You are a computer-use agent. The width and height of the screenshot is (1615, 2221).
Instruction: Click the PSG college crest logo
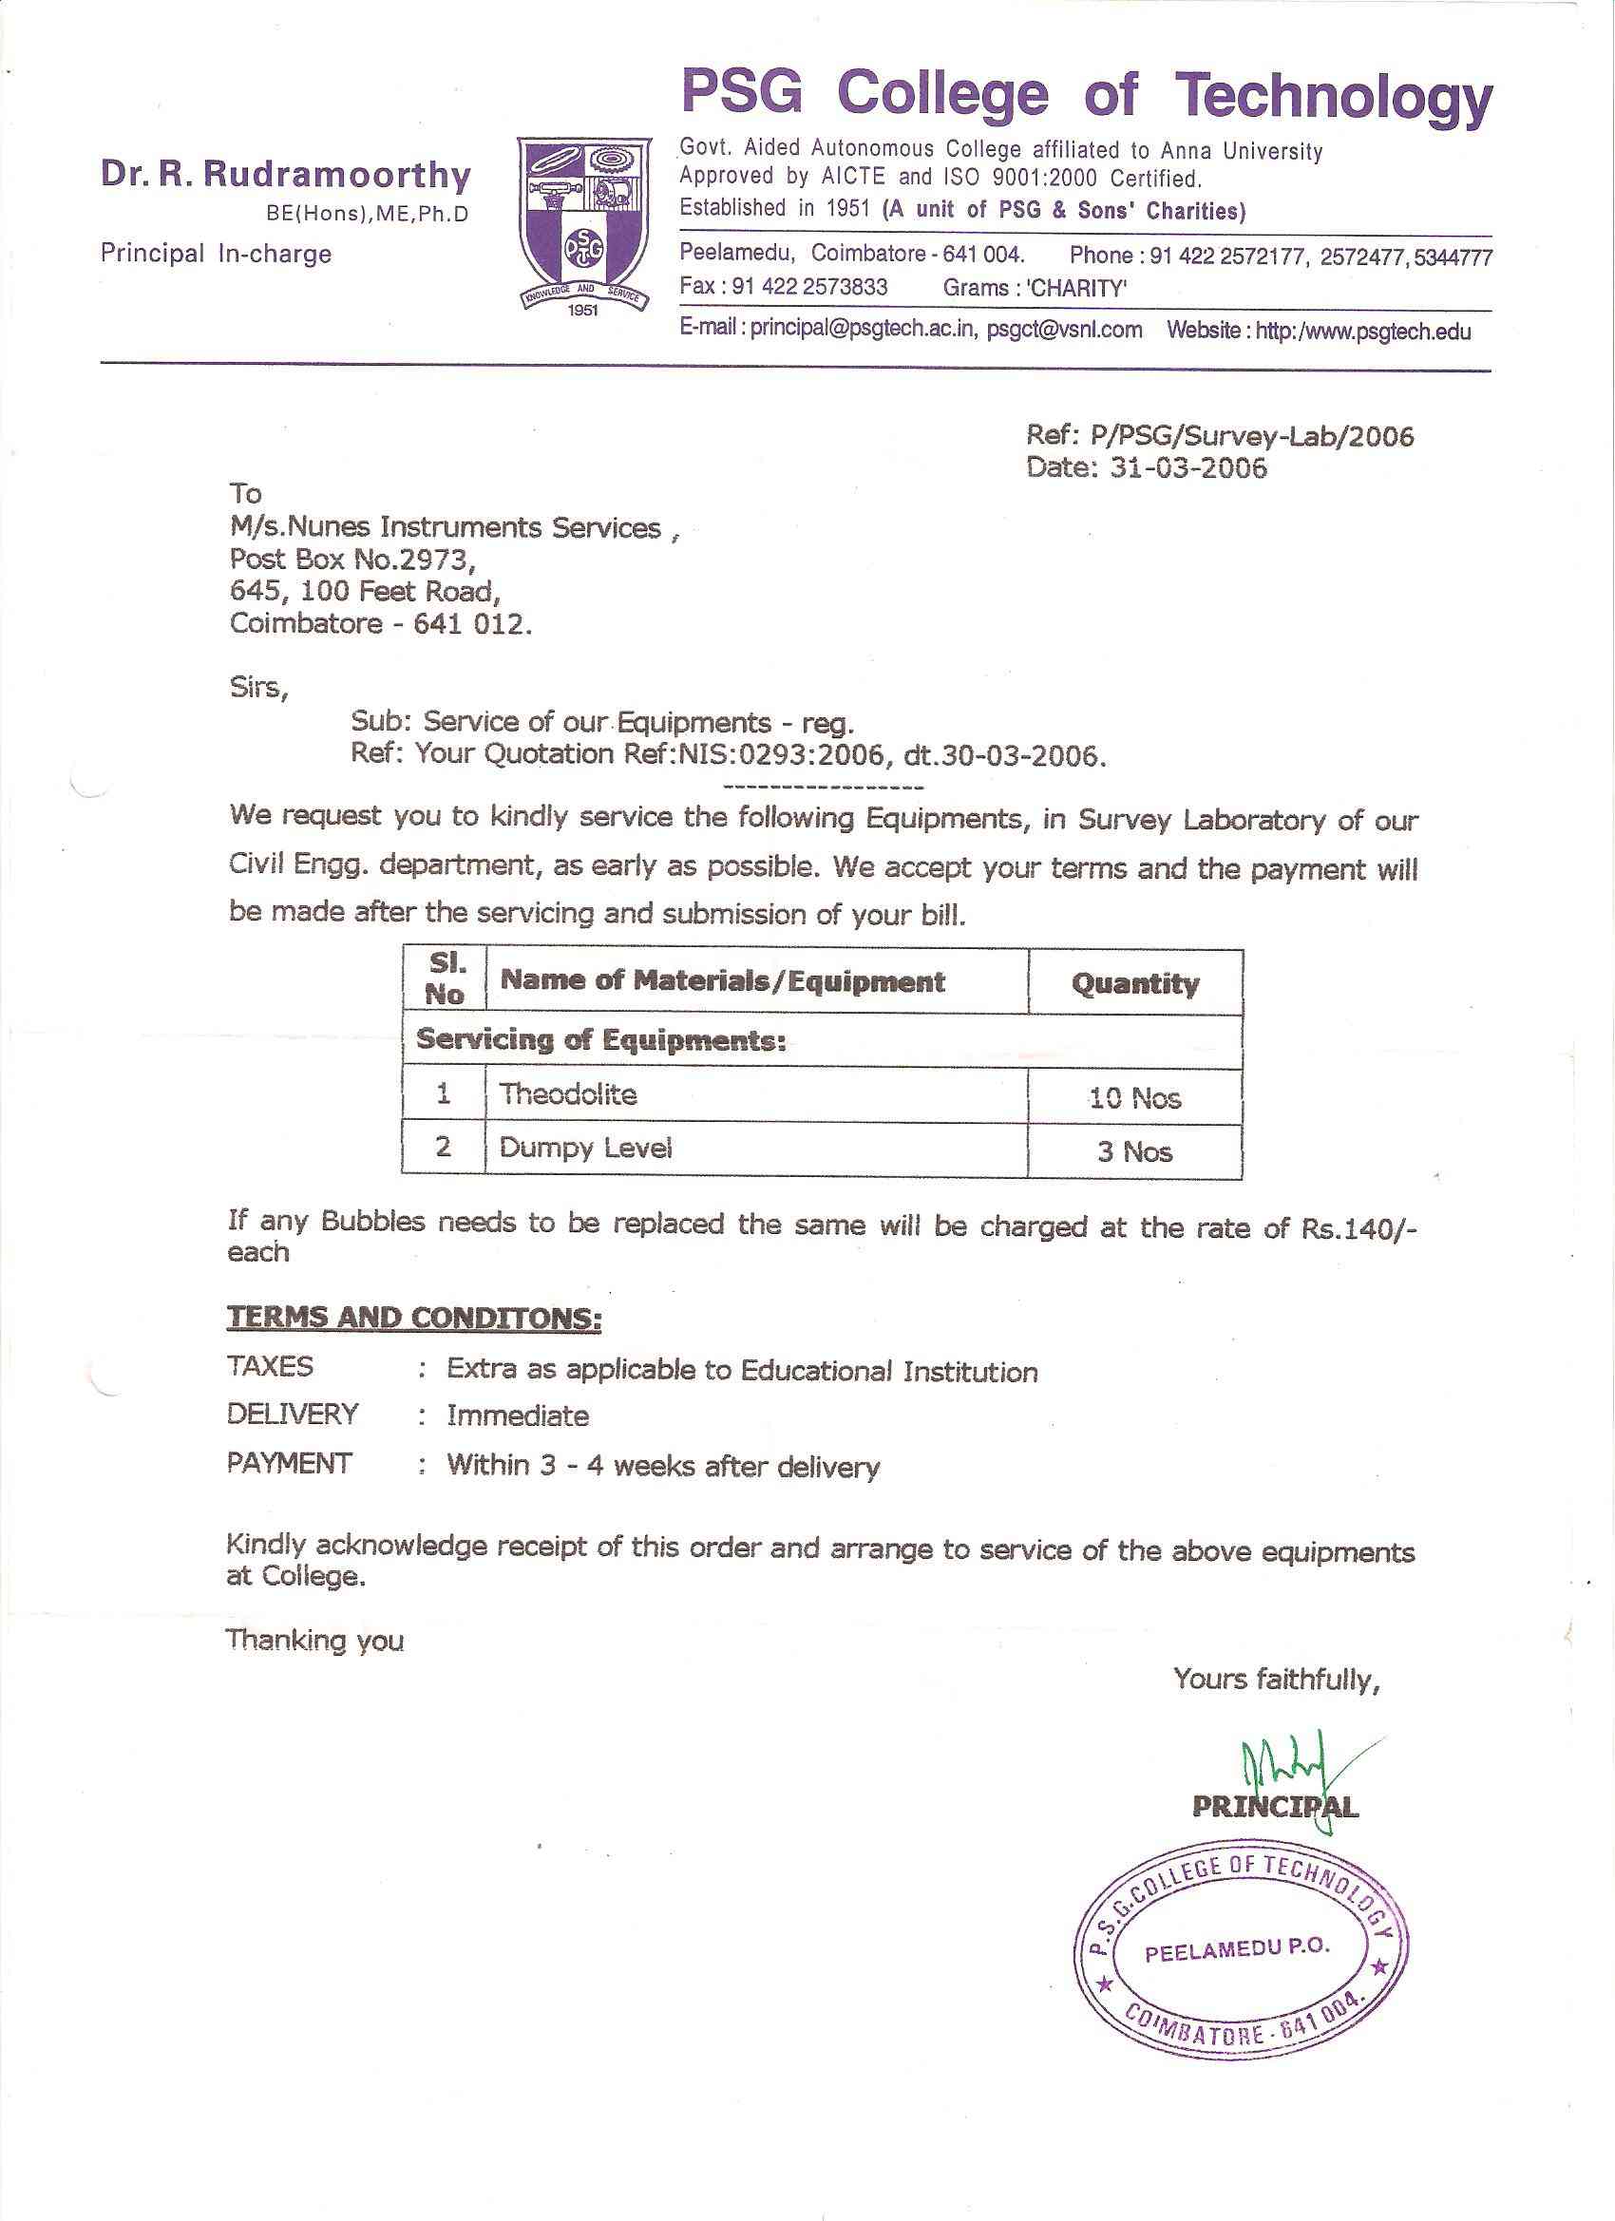[x=583, y=225]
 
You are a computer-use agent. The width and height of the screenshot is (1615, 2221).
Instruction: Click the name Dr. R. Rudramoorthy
[x=285, y=176]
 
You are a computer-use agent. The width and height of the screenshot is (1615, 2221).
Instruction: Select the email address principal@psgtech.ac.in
[x=863, y=329]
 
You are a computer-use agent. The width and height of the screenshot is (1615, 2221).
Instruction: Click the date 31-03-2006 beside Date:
[x=1188, y=468]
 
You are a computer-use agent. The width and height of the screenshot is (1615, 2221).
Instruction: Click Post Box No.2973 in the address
[x=352, y=560]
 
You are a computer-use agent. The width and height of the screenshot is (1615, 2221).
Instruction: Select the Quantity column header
[x=1135, y=983]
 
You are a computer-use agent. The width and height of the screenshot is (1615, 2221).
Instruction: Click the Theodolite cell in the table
[x=568, y=1093]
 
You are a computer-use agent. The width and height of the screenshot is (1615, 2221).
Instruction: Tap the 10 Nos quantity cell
[x=1135, y=1098]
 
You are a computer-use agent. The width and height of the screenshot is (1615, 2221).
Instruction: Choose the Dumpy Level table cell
[x=585, y=1148]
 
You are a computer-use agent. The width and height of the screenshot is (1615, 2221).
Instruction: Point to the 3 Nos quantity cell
[x=1135, y=1151]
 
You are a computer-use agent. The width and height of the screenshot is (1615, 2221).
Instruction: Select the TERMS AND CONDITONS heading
[x=413, y=1319]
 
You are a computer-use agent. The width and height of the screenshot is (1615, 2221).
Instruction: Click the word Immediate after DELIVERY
[x=518, y=1415]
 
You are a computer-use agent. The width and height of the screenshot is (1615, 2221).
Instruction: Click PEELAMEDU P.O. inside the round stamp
[x=1237, y=1949]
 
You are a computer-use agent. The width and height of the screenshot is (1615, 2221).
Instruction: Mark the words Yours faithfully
[x=1276, y=1680]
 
